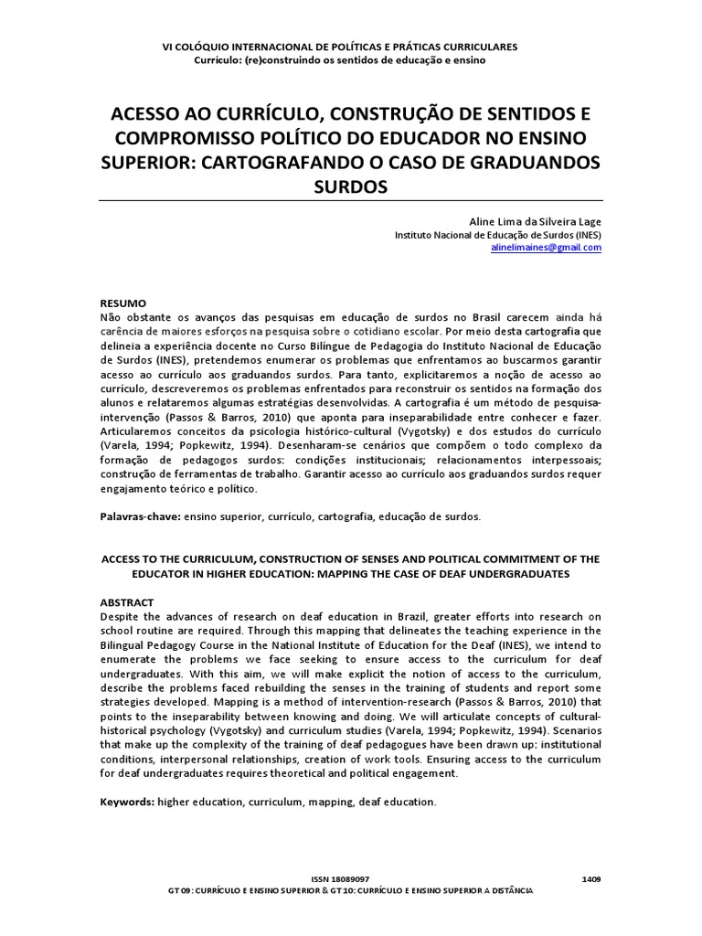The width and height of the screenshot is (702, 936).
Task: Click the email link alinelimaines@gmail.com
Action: (547, 247)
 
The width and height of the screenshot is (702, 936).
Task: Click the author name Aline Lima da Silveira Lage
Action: (535, 220)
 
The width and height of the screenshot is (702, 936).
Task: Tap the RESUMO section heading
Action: (122, 303)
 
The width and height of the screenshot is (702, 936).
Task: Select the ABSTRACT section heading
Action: (126, 602)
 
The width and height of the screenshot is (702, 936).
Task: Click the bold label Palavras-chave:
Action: (140, 516)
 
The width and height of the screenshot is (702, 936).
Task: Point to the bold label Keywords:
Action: (126, 802)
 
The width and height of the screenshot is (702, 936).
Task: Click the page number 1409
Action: (591, 878)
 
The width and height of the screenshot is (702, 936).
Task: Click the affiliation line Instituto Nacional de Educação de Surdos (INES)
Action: (498, 234)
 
